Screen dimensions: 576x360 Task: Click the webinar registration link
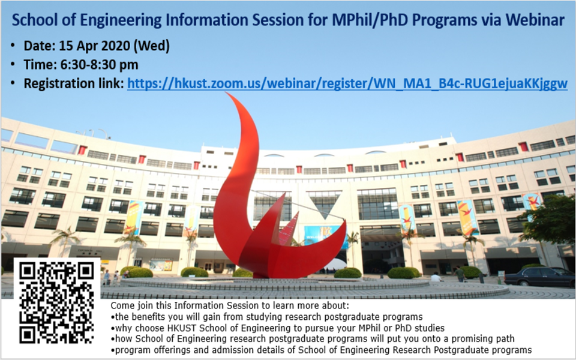click(x=347, y=84)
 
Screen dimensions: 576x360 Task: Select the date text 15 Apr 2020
click(x=94, y=46)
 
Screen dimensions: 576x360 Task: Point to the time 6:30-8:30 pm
click(x=99, y=65)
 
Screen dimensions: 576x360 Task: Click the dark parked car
click(x=539, y=277)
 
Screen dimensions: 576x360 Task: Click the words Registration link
click(x=74, y=84)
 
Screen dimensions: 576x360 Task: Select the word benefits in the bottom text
click(x=146, y=317)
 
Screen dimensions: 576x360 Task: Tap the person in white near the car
click(x=436, y=277)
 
